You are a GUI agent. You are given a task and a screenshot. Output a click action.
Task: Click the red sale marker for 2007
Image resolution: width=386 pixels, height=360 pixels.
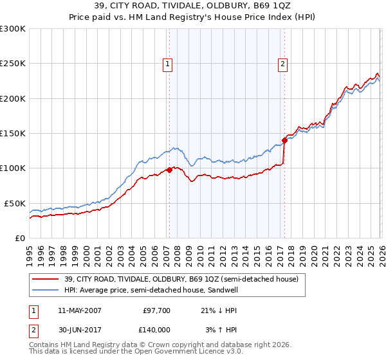pyautogui.click(x=169, y=170)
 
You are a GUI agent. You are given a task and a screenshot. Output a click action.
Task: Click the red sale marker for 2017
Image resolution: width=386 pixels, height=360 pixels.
pyautogui.click(x=284, y=140)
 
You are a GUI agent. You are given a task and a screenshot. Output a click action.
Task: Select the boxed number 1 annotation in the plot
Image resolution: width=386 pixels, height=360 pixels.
pyautogui.click(x=167, y=63)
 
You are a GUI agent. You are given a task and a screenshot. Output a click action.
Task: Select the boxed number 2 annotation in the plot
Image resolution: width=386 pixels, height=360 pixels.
pyautogui.click(x=282, y=63)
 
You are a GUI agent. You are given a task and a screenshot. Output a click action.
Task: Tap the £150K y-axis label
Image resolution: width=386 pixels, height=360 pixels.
pyautogui.click(x=12, y=134)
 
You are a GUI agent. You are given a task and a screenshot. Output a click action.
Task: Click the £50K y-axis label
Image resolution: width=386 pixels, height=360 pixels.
pyautogui.click(x=15, y=203)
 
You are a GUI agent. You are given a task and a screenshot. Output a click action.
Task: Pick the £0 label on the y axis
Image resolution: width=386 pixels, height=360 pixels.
pyautogui.click(x=19, y=238)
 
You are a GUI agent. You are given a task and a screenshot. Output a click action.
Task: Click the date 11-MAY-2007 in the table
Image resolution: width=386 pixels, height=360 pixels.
pyautogui.click(x=79, y=310)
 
